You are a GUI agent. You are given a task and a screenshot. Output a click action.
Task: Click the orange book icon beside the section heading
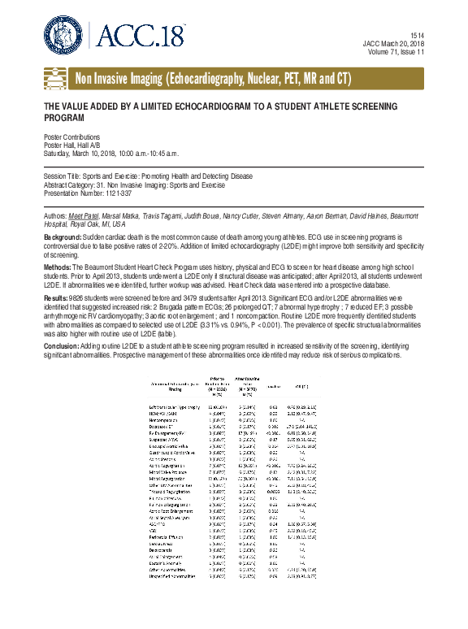[x=56, y=79]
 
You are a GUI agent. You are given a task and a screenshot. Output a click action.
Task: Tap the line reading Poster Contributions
[x=71, y=137]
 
